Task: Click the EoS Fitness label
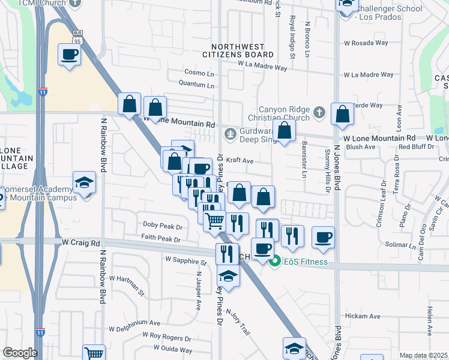306,262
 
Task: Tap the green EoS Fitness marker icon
275,261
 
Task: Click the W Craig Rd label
80,243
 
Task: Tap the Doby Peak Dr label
161,226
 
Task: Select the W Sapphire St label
185,262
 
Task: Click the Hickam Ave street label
363,316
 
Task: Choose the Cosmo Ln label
199,73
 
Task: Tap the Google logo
20,353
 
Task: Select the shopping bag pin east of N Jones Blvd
342,115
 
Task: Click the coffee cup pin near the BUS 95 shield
70,55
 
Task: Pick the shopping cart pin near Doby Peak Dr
214,220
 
